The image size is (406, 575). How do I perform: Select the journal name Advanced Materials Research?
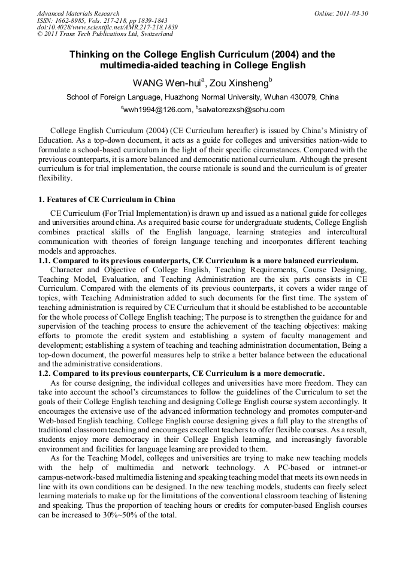78,13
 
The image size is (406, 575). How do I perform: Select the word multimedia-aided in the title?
140,65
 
